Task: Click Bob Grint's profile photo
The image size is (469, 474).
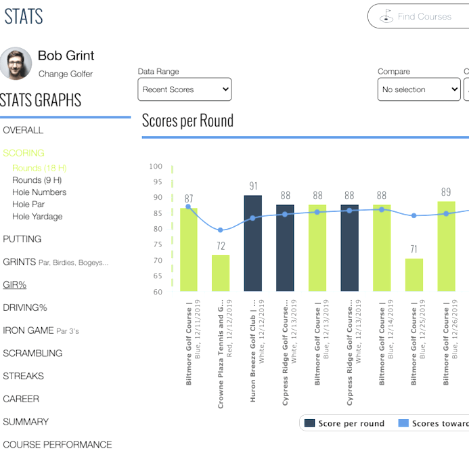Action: (16, 64)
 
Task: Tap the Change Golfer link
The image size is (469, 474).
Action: (66, 74)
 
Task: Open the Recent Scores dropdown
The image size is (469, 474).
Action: (185, 89)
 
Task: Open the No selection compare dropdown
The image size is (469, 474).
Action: (418, 89)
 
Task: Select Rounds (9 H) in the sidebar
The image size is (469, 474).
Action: (37, 180)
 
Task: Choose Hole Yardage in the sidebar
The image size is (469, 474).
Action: (37, 217)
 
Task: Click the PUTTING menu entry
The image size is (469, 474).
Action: (22, 239)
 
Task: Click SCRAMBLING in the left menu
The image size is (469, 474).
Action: (32, 353)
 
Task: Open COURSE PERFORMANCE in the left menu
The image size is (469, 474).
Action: (58, 445)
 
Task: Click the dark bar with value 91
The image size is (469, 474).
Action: (252, 244)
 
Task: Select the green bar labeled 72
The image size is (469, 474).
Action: (221, 274)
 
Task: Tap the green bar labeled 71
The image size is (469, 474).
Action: (414, 275)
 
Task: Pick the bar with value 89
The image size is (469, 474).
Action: (446, 246)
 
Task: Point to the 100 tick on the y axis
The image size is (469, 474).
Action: (156, 167)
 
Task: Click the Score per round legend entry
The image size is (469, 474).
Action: (344, 423)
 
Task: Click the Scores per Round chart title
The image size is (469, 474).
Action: (187, 121)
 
